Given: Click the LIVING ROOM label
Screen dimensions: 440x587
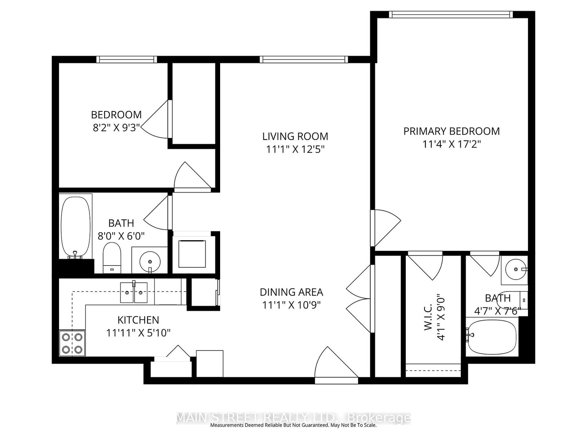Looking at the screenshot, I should click(295, 136).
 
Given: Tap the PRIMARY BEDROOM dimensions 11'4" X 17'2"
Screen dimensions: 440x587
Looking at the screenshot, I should click(451, 144).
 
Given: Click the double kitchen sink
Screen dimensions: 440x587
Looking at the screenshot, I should click(134, 292).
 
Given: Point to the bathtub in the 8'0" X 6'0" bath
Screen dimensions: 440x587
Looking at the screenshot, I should click(76, 227).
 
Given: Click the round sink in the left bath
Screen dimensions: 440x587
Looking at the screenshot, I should click(150, 261).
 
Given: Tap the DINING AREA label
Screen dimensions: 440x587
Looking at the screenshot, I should click(291, 292).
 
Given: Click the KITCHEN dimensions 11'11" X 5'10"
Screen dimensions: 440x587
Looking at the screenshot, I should click(138, 333).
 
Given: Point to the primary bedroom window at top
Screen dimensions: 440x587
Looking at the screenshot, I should click(450, 14).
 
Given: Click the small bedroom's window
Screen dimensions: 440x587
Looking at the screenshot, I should click(127, 59).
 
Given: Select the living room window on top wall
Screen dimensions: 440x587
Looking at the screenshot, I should click(304, 59).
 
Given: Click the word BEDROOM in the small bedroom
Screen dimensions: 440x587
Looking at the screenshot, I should click(116, 115).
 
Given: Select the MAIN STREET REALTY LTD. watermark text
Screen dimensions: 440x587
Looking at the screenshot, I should click(293, 418).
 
